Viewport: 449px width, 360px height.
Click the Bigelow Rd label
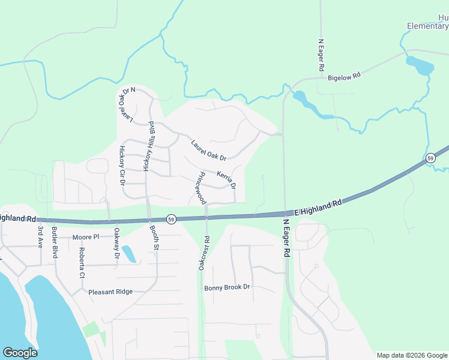343,77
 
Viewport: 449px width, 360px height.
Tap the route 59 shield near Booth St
171,220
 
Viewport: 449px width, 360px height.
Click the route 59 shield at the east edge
430,158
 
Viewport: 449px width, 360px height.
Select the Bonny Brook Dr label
226,287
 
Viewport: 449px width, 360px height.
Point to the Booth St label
156,238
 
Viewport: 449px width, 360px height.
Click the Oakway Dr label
117,247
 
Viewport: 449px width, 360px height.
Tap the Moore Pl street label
85,237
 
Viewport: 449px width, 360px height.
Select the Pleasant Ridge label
110,292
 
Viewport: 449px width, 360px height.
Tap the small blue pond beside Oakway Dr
128,254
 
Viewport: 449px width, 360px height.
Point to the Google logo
20,353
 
